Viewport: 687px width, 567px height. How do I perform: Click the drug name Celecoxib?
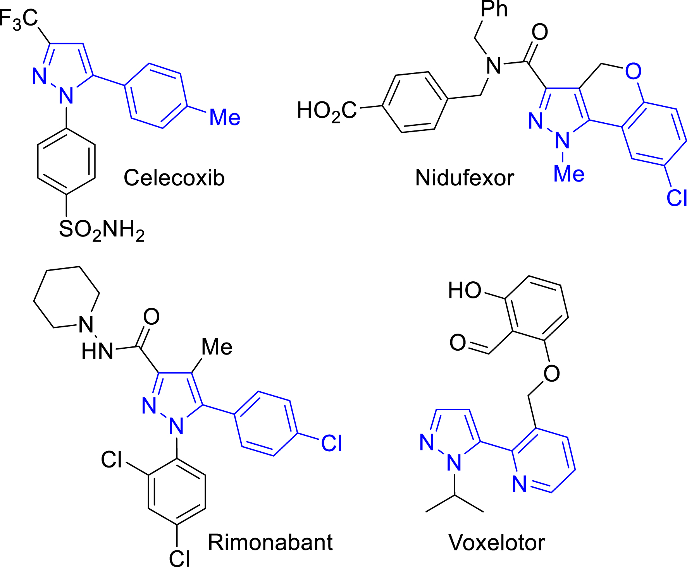click(x=174, y=178)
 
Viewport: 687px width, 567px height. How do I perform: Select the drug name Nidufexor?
click(x=464, y=178)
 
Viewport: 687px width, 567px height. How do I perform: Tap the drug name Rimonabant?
click(x=270, y=542)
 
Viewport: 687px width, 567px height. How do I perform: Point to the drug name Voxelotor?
click(x=496, y=543)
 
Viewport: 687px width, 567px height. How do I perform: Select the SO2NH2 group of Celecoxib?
click(x=102, y=230)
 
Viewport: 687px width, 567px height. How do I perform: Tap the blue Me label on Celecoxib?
click(x=225, y=117)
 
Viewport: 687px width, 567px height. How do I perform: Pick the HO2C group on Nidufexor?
click(x=327, y=111)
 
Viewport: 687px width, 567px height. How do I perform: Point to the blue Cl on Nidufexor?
click(x=677, y=198)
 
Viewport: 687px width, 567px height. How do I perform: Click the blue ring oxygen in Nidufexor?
click(x=633, y=71)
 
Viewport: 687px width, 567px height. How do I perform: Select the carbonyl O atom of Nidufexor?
click(x=540, y=32)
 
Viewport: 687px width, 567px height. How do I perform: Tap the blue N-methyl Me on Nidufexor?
click(x=568, y=174)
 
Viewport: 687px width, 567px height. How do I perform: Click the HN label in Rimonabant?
click(x=97, y=351)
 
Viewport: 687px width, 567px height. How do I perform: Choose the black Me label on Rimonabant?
click(x=217, y=347)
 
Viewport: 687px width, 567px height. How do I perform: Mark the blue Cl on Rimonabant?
click(x=331, y=444)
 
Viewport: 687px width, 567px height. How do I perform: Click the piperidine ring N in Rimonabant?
click(x=86, y=324)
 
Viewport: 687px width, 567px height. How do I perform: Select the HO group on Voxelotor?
click(x=465, y=290)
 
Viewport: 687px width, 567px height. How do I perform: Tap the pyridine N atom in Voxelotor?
click(x=519, y=484)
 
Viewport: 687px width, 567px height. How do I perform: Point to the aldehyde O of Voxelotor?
click(x=458, y=343)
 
